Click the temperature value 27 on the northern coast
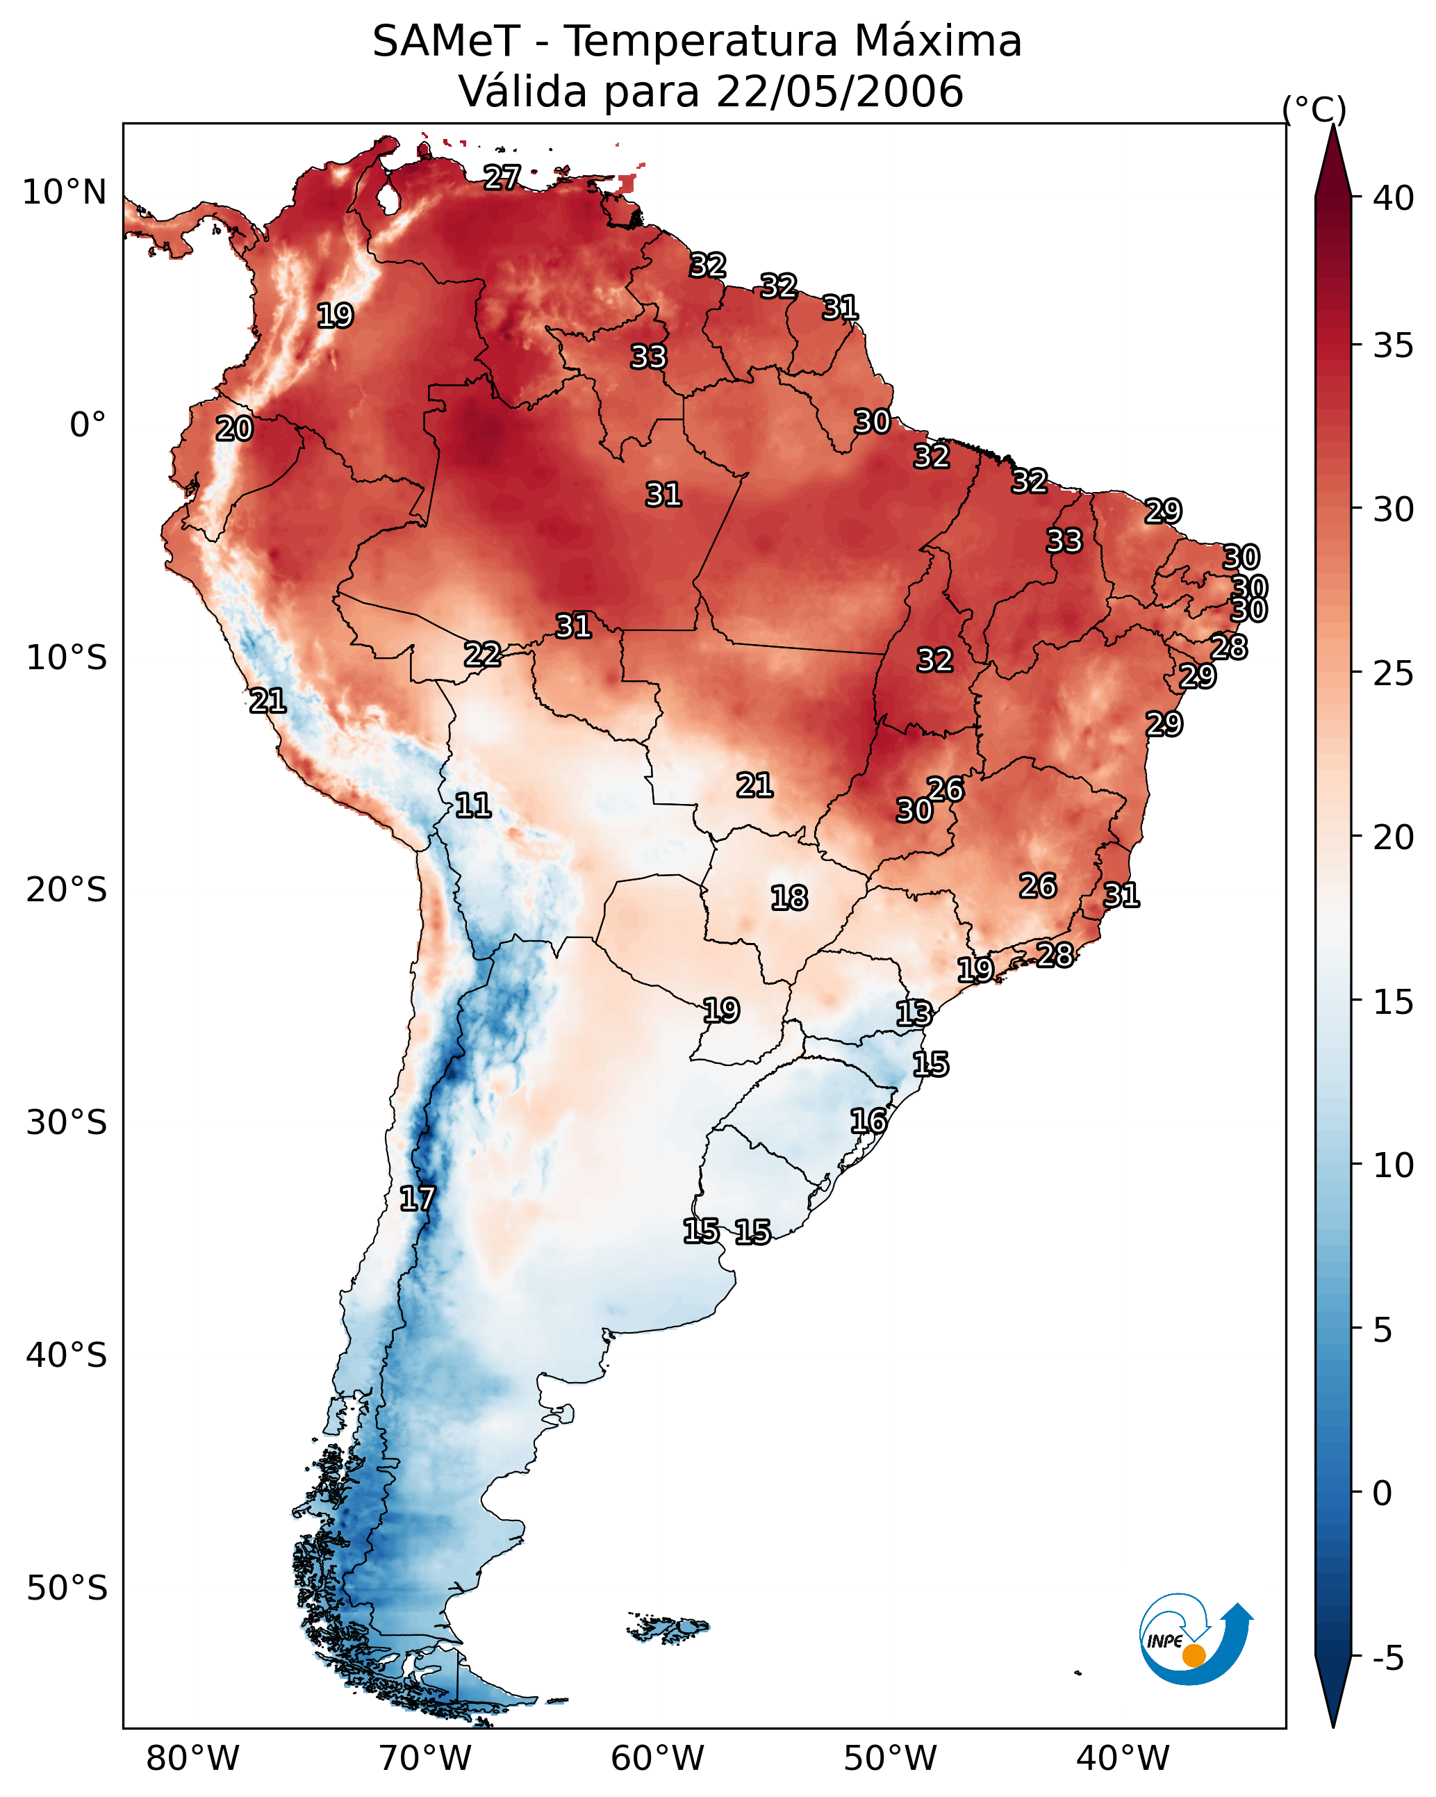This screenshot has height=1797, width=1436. click(502, 177)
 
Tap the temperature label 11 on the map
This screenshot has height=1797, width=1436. click(472, 805)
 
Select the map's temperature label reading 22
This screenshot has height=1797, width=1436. click(483, 655)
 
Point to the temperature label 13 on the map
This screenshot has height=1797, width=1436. click(914, 1014)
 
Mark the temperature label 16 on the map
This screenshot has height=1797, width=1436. click(868, 1121)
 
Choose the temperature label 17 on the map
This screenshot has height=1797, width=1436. click(417, 1199)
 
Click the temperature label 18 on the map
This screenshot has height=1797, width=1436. click(789, 898)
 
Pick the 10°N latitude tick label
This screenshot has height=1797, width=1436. click(64, 192)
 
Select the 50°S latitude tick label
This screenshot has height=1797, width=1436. click(67, 1588)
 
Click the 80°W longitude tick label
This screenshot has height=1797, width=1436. click(192, 1758)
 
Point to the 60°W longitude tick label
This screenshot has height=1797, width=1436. click(658, 1758)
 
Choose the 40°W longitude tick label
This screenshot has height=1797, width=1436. click(1123, 1758)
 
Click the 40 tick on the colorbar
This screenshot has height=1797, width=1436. click(1394, 198)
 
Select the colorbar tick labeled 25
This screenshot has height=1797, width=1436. click(1394, 673)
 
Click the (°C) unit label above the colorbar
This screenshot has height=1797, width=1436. click(1314, 109)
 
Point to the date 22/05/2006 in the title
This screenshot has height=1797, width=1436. click(839, 91)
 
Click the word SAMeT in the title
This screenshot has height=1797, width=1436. click(446, 41)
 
